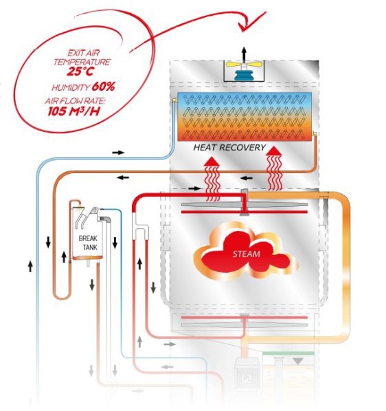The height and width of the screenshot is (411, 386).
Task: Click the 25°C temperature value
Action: click(80, 71)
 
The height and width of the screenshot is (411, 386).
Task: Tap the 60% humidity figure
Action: click(103, 87)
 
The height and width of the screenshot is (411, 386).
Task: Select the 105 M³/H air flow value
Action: click(74, 111)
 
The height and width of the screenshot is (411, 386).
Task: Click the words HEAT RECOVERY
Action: click(229, 148)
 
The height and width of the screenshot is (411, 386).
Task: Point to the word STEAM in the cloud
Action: click(247, 254)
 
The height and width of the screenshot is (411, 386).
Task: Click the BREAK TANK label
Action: click(88, 243)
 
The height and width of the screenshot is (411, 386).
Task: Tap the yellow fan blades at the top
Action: click(244, 64)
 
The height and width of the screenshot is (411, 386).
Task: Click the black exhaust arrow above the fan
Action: click(244, 54)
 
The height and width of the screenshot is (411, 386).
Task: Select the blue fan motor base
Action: click(244, 75)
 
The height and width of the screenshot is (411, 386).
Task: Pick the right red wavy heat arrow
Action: click(274, 168)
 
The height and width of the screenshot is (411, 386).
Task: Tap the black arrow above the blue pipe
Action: click(118, 153)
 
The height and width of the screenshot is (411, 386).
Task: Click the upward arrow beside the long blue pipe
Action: click(30, 266)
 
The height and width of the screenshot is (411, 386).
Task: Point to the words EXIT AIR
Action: click(84, 53)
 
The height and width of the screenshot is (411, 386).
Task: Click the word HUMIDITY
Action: click(71, 87)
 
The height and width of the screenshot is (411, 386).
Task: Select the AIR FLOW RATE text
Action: click(76, 101)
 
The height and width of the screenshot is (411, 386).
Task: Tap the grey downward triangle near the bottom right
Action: click(298, 362)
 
